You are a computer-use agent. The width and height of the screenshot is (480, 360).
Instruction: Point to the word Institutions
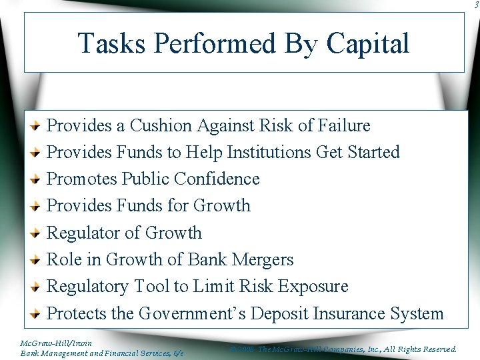[x=269, y=152]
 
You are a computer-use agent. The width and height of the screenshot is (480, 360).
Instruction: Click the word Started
[x=373, y=152]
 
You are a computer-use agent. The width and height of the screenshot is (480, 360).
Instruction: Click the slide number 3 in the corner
[x=476, y=5]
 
